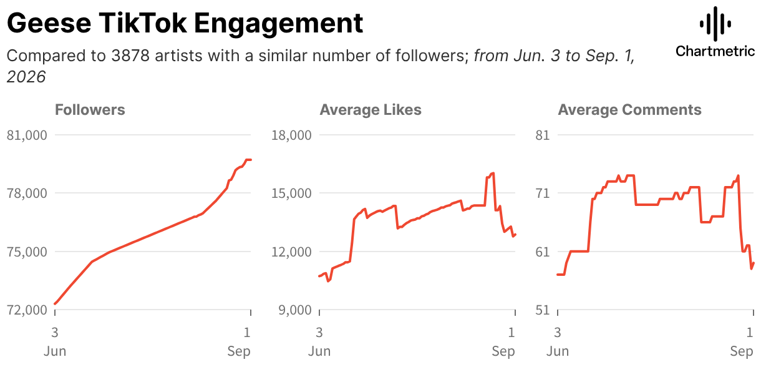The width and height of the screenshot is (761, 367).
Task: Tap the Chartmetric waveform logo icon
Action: coord(715,24)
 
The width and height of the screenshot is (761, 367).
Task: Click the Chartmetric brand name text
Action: coord(715,51)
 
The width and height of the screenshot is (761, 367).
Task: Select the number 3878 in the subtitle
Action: coord(130,56)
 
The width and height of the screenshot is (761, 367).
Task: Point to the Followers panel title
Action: coord(90,110)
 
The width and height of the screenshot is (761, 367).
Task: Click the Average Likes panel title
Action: coord(371,110)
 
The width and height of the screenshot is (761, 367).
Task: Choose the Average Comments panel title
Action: coord(630,110)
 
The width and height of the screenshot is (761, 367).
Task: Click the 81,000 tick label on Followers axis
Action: coord(27,135)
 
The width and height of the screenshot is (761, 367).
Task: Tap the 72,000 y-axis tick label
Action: coord(27,310)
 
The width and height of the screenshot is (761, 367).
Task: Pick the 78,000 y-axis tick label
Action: coord(27,193)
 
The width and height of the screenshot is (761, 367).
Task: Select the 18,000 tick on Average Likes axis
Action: coord(291,135)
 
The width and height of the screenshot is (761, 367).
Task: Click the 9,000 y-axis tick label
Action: coord(295,310)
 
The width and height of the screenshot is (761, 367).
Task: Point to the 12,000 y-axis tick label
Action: coord(291,252)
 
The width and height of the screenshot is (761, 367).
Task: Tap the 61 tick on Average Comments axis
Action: coord(543,252)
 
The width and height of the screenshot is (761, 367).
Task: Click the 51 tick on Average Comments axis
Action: coord(543,310)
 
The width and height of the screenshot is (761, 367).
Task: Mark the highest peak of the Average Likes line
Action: coord(493,174)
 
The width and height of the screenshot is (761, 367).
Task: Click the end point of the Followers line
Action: coord(251,160)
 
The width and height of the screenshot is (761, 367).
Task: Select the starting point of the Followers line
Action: coord(55,304)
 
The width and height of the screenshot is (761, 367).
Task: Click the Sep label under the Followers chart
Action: coord(239,351)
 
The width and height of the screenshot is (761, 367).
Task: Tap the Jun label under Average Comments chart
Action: coord(558,351)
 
